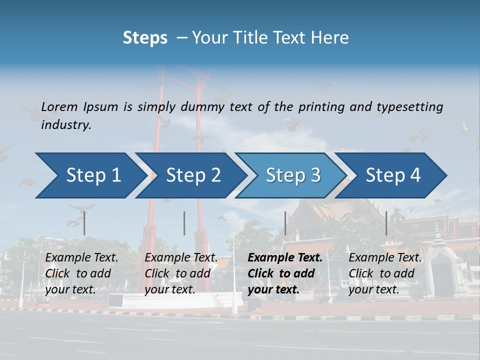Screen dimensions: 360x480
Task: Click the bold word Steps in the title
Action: pyautogui.click(x=145, y=38)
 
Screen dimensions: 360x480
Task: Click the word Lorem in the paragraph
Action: pyautogui.click(x=59, y=107)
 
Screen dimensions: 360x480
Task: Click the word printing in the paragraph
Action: pyautogui.click(x=319, y=107)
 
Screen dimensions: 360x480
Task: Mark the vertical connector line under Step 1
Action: pyautogui.click(x=84, y=223)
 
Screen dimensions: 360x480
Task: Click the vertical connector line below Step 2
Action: pyautogui.click(x=184, y=223)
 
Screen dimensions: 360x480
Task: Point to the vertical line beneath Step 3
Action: pyautogui.click(x=285, y=223)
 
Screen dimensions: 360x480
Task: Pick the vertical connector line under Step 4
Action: pyautogui.click(x=386, y=223)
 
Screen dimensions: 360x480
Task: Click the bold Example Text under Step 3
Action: pyautogui.click(x=285, y=258)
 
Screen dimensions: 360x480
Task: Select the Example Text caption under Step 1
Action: pyautogui.click(x=82, y=258)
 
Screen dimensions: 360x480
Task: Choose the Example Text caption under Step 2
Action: pyautogui.click(x=181, y=258)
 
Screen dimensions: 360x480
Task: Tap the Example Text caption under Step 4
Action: pyautogui.click(x=385, y=258)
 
